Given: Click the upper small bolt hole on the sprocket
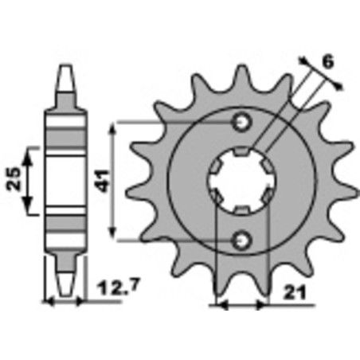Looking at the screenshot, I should (x=241, y=121).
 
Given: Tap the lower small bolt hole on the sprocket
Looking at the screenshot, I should (x=241, y=238).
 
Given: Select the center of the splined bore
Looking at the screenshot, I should (x=241, y=180).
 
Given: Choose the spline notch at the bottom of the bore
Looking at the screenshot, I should (x=241, y=207).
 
